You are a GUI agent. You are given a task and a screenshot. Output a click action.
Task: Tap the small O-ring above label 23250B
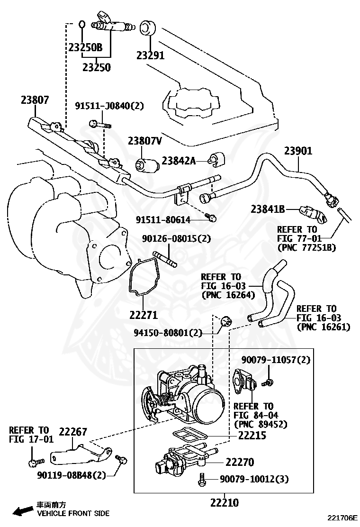click(82, 24)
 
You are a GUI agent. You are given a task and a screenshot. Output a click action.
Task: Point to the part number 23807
click(35, 100)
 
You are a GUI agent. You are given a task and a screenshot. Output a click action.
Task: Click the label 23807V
click(144, 141)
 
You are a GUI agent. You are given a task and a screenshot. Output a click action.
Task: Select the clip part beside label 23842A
click(217, 160)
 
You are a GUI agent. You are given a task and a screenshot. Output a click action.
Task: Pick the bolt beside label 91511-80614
click(213, 218)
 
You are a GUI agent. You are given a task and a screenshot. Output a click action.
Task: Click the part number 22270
click(246, 462)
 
